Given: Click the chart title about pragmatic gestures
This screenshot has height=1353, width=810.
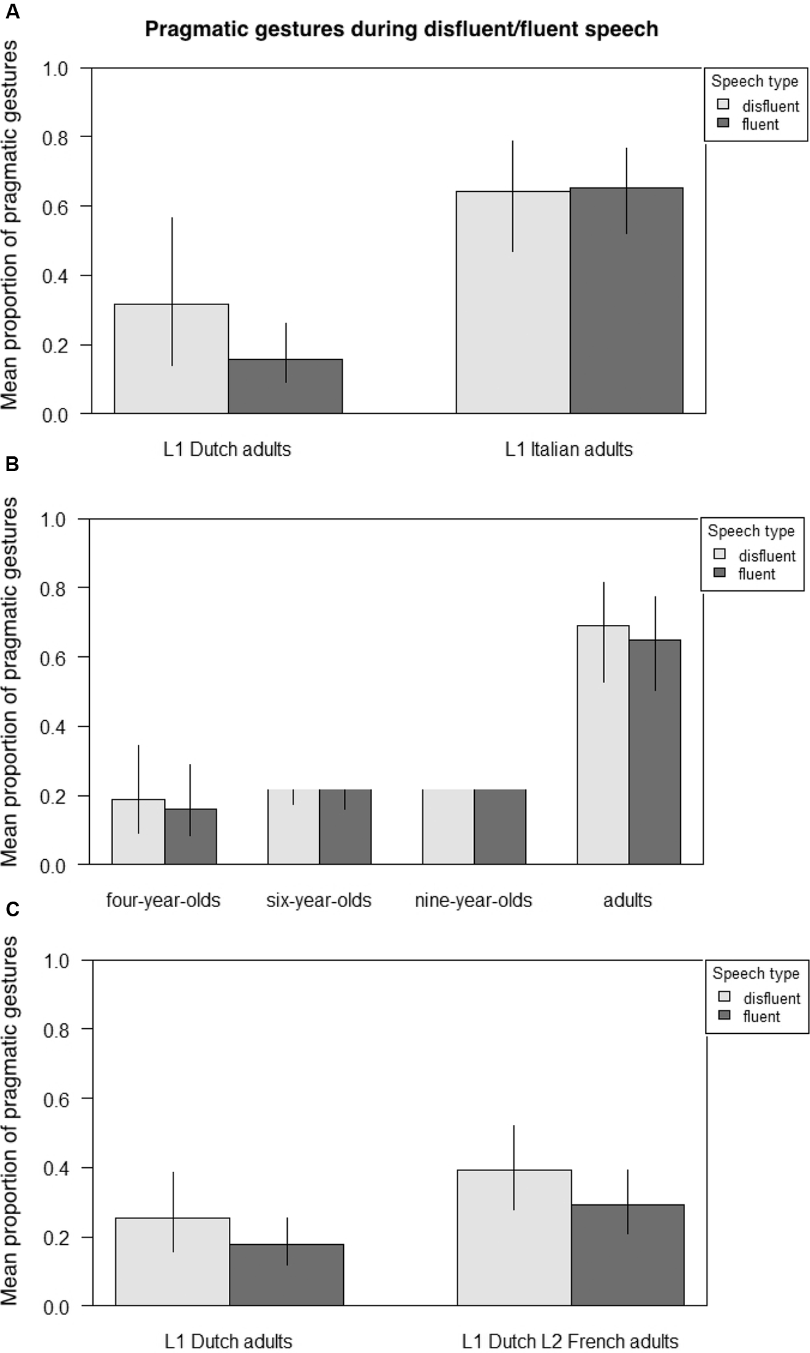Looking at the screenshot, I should pyautogui.click(x=401, y=29).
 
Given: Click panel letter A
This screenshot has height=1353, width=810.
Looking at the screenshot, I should pyautogui.click(x=12, y=11).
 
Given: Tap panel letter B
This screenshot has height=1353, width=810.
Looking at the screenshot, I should pyautogui.click(x=12, y=464).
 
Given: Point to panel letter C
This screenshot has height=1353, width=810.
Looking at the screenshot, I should pyautogui.click(x=12, y=909).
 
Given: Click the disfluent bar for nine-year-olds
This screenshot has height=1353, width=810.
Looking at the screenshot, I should pyautogui.click(x=448, y=827).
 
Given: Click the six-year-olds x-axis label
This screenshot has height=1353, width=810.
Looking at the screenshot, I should pyautogui.click(x=319, y=900).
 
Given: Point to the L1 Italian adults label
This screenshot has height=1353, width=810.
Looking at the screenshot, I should pyautogui.click(x=568, y=449).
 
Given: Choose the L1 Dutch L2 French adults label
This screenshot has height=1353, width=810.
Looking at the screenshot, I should pyautogui.click(x=570, y=1341).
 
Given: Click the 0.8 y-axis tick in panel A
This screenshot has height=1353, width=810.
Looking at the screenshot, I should pyautogui.click(x=55, y=137).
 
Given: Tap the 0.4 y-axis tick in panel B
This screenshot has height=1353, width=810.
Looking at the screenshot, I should pyautogui.click(x=53, y=727).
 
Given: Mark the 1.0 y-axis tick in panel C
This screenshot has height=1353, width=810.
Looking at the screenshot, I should pyautogui.click(x=56, y=961).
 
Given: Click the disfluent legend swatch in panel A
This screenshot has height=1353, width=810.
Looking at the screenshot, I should pyautogui.click(x=723, y=105).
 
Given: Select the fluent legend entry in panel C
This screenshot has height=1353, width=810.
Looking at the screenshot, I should pyautogui.click(x=761, y=1017).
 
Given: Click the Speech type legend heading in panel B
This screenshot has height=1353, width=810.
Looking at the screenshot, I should pyautogui.click(x=751, y=531).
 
